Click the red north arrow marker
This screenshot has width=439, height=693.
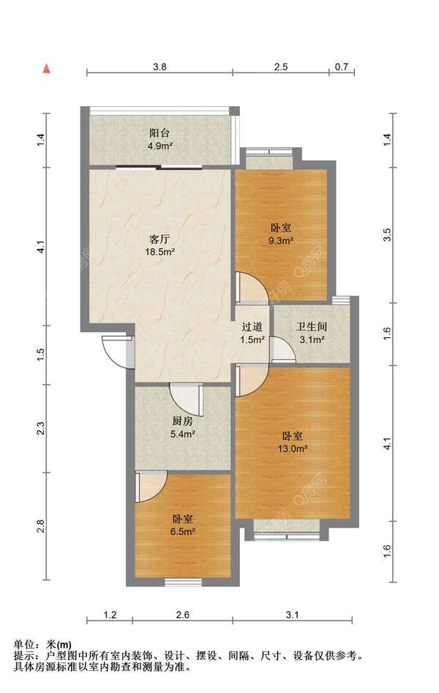(46, 69)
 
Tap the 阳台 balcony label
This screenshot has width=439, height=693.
(160, 133)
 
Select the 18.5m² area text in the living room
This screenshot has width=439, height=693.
(160, 252)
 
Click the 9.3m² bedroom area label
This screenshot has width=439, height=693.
(282, 241)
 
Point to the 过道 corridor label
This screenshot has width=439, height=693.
(252, 327)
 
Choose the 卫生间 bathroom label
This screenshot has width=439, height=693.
(311, 327)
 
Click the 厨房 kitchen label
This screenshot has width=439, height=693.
(183, 422)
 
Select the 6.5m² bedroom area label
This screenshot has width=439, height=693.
(183, 532)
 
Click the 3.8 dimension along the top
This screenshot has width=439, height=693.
(160, 67)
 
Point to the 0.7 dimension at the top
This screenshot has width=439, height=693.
(342, 67)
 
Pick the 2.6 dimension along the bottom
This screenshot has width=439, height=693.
(183, 615)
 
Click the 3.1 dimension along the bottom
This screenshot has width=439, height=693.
(292, 615)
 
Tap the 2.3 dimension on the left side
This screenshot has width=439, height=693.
(41, 428)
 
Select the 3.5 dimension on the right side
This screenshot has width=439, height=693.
(387, 235)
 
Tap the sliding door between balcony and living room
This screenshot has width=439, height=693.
(160, 167)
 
